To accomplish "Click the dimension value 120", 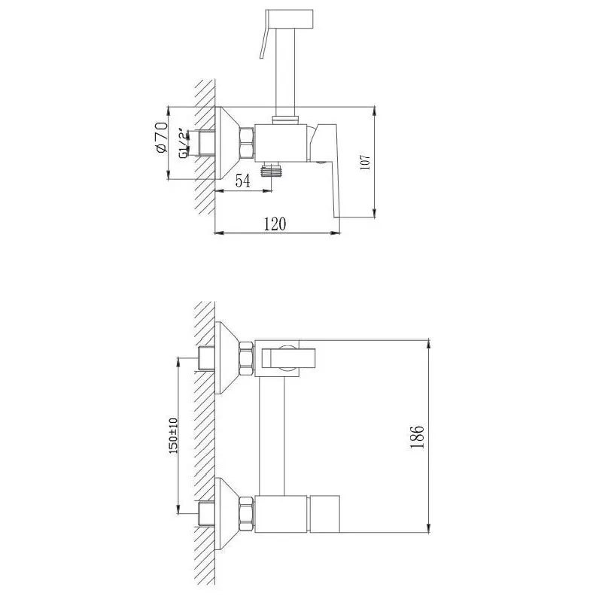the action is point(275,223).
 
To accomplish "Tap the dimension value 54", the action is point(242,180).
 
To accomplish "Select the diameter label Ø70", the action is point(162,138).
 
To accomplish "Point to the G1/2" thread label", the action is point(184,144).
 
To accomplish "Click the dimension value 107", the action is point(366,163).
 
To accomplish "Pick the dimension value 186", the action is point(417,436).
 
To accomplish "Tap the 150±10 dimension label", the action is point(173,436).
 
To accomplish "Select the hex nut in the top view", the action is point(247,143).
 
